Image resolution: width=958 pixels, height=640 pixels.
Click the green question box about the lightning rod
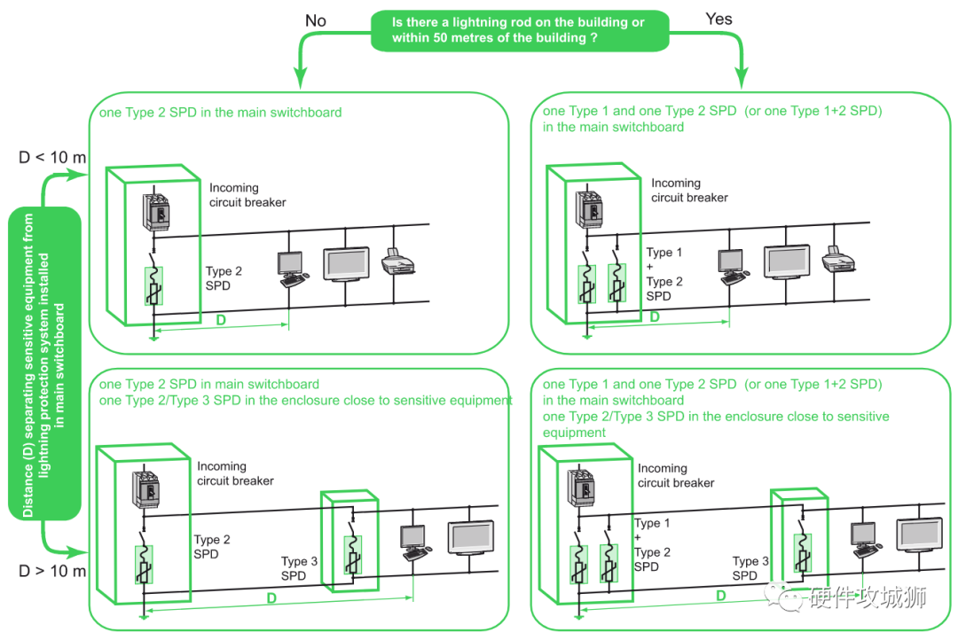tap(519, 30)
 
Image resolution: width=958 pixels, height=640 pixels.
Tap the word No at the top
tap(316, 20)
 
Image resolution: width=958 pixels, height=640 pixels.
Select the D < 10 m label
tap(52, 158)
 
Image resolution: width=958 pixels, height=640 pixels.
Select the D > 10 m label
tap(52, 571)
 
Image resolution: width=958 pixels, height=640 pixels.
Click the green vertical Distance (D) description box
tap(44, 363)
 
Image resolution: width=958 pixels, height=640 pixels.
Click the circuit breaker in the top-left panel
tap(155, 211)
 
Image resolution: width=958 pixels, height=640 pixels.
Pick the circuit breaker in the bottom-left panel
tap(145, 489)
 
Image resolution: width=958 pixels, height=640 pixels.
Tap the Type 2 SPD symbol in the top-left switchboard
tap(153, 285)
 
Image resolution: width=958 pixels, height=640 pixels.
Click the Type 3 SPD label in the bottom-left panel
tap(299, 568)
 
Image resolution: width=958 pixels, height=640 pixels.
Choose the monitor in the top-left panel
tap(346, 263)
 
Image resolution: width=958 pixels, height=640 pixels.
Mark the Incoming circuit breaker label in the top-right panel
tap(689, 191)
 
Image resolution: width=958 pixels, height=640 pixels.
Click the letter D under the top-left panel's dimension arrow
tap(221, 319)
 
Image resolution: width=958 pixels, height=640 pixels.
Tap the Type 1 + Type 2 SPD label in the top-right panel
tap(664, 275)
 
